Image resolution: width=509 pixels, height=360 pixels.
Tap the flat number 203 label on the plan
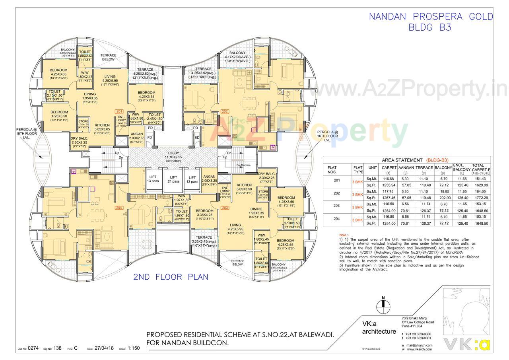tap(225, 208)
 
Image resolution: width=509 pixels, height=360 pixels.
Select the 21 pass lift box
tap(173, 179)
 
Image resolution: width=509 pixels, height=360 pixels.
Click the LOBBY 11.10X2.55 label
tap(173, 155)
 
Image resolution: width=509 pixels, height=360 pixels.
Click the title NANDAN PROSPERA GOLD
tap(431, 17)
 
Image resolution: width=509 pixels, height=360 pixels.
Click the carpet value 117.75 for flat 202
tap(389, 191)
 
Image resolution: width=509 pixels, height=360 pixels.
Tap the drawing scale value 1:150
tap(134, 348)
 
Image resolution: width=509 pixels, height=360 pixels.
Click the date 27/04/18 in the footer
tap(104, 348)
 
